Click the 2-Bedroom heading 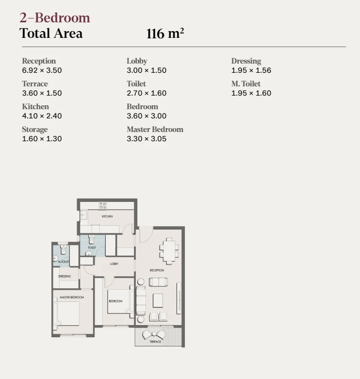(x=55, y=18)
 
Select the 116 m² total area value (x=165, y=33)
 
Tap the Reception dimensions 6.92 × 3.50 (x=42, y=70)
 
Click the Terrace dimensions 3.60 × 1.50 (x=42, y=93)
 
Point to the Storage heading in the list (x=35, y=130)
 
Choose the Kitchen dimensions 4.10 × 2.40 (x=42, y=116)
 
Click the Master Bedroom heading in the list (x=155, y=129)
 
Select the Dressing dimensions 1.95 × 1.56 (x=251, y=70)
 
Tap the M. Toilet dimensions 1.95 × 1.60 (x=251, y=93)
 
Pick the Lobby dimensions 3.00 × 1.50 (x=147, y=70)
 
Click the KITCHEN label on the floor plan (x=107, y=216)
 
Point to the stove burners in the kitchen (x=102, y=205)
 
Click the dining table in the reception (x=169, y=251)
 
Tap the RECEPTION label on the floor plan (x=157, y=270)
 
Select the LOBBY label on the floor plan (x=114, y=264)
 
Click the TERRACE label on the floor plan (x=155, y=342)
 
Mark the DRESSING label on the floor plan (x=65, y=276)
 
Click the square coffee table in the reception (x=158, y=300)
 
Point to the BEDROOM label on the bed (x=115, y=301)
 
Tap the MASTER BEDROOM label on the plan (x=72, y=297)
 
